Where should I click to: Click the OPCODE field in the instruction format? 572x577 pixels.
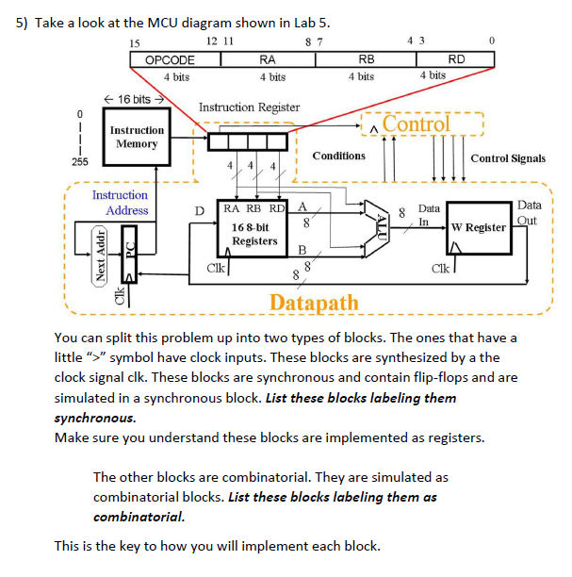(170, 59)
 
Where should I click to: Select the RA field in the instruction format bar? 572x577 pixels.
(267, 59)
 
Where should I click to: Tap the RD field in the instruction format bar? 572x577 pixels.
(455, 59)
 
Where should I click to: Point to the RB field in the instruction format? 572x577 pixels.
(361, 59)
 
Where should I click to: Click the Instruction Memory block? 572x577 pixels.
(137, 138)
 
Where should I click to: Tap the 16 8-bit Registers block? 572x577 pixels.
(252, 233)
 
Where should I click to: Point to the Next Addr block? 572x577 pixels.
(99, 255)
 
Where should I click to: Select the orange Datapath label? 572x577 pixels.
(314, 303)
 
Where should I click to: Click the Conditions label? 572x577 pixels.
(338, 156)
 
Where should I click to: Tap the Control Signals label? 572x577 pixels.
(507, 158)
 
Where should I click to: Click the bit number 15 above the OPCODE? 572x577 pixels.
(134, 41)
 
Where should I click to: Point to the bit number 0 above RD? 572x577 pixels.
(491, 41)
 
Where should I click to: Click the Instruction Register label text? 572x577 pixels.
(249, 107)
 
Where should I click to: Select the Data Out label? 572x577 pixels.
(530, 212)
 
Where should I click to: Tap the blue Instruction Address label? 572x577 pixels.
(120, 203)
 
